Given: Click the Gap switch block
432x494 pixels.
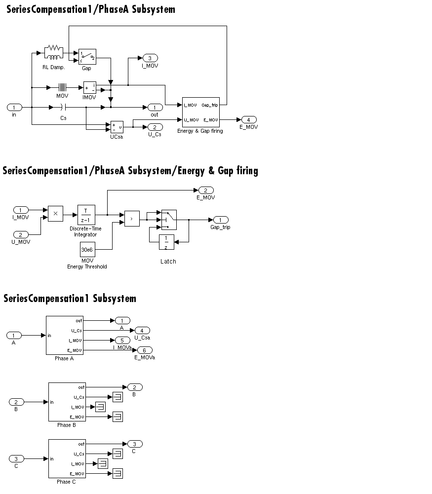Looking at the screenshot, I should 87,57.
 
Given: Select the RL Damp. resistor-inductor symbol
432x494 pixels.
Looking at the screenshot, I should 53,50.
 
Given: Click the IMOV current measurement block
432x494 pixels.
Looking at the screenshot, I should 89,88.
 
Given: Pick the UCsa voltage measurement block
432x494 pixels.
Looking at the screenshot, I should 117,127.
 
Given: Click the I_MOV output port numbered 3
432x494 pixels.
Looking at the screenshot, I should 150,58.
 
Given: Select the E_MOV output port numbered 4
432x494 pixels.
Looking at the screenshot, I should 249,119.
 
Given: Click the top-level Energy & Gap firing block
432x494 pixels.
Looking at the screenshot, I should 200,112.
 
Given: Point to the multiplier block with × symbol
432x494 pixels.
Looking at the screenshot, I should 55,213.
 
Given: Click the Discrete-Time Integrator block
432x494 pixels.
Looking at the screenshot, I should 86,215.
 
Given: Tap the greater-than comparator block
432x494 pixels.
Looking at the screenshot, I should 132,218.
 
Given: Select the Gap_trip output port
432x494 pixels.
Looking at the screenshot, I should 221,220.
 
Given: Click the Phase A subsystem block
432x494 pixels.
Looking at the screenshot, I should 65,335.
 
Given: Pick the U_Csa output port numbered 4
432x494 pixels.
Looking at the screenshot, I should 142,330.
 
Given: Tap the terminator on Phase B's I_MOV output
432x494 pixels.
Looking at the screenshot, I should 100,407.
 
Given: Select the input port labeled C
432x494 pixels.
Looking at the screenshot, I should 16,459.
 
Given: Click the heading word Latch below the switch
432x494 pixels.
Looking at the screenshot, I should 168,261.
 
